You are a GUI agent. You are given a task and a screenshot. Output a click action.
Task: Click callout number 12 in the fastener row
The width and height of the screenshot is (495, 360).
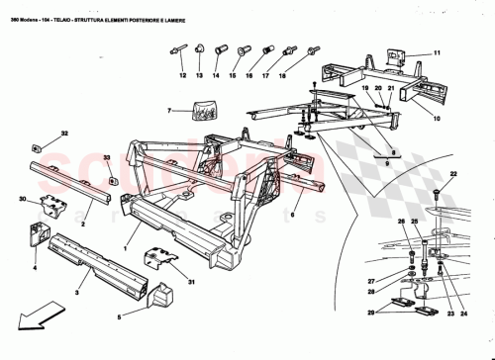183,74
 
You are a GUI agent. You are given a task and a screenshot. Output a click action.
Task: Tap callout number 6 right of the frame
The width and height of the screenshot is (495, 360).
293,213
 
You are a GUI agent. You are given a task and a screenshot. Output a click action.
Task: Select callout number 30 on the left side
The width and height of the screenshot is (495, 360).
22,199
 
